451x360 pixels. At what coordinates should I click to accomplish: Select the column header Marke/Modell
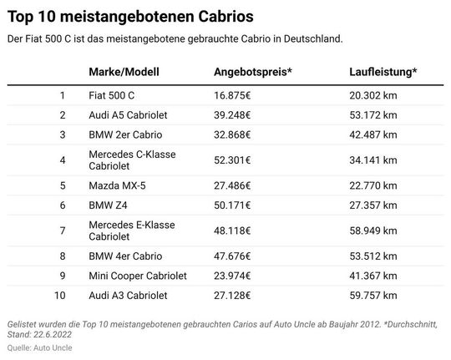click(123, 71)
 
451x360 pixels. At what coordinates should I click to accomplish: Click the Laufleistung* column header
click(383, 71)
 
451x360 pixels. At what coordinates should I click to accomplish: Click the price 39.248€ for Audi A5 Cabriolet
click(238, 114)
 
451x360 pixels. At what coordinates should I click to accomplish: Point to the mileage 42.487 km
click(373, 134)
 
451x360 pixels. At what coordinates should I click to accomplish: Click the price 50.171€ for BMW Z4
click(238, 205)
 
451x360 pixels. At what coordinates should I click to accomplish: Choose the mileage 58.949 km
click(373, 230)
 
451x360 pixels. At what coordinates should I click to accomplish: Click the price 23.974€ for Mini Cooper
click(238, 275)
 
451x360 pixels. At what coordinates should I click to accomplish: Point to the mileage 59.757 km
click(373, 295)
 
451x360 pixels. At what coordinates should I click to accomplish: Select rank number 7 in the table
click(62, 230)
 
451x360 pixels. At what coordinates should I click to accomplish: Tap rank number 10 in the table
click(59, 295)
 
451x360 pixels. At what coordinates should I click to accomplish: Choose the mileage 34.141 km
click(373, 160)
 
